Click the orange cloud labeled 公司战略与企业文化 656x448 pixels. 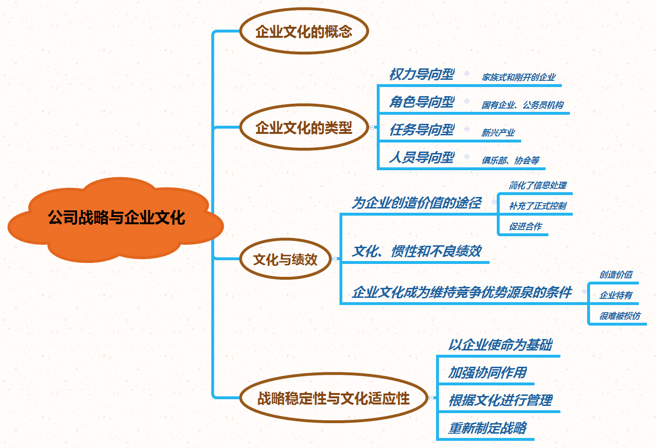[116, 218]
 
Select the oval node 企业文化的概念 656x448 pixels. [304, 32]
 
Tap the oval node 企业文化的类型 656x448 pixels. [304, 127]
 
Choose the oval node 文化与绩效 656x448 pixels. [285, 259]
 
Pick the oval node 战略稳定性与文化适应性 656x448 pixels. [333, 398]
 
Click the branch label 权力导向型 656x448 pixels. [422, 75]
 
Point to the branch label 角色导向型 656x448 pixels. [422, 102]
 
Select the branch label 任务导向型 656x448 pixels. [422, 130]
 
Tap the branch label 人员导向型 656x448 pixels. [422, 158]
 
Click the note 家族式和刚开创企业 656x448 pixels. [519, 77]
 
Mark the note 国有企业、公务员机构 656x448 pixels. [523, 105]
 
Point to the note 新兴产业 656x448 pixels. [498, 133]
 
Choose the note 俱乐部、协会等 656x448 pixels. [511, 161]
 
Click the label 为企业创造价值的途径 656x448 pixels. [416, 203]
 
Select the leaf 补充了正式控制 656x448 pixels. [537, 206]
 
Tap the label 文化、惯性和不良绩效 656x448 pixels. [416, 251]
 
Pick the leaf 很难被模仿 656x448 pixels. [620, 316]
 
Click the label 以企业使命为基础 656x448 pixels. [500, 345]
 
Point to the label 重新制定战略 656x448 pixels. [487, 428]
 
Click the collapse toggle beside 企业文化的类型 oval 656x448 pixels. [372, 127]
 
